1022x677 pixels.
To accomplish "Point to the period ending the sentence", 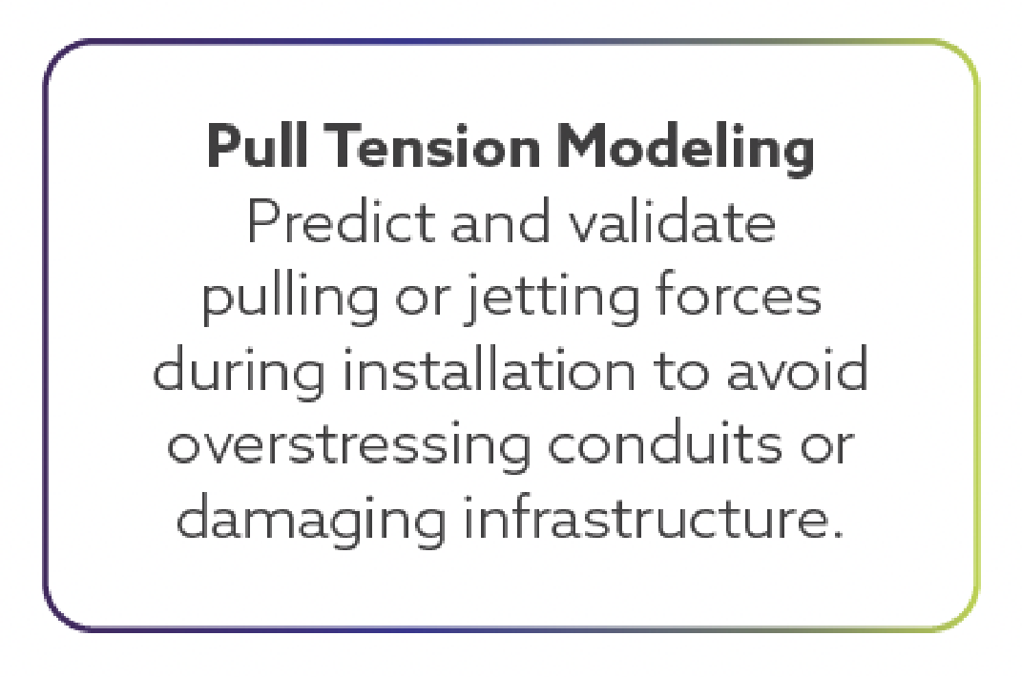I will click(836, 534).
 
